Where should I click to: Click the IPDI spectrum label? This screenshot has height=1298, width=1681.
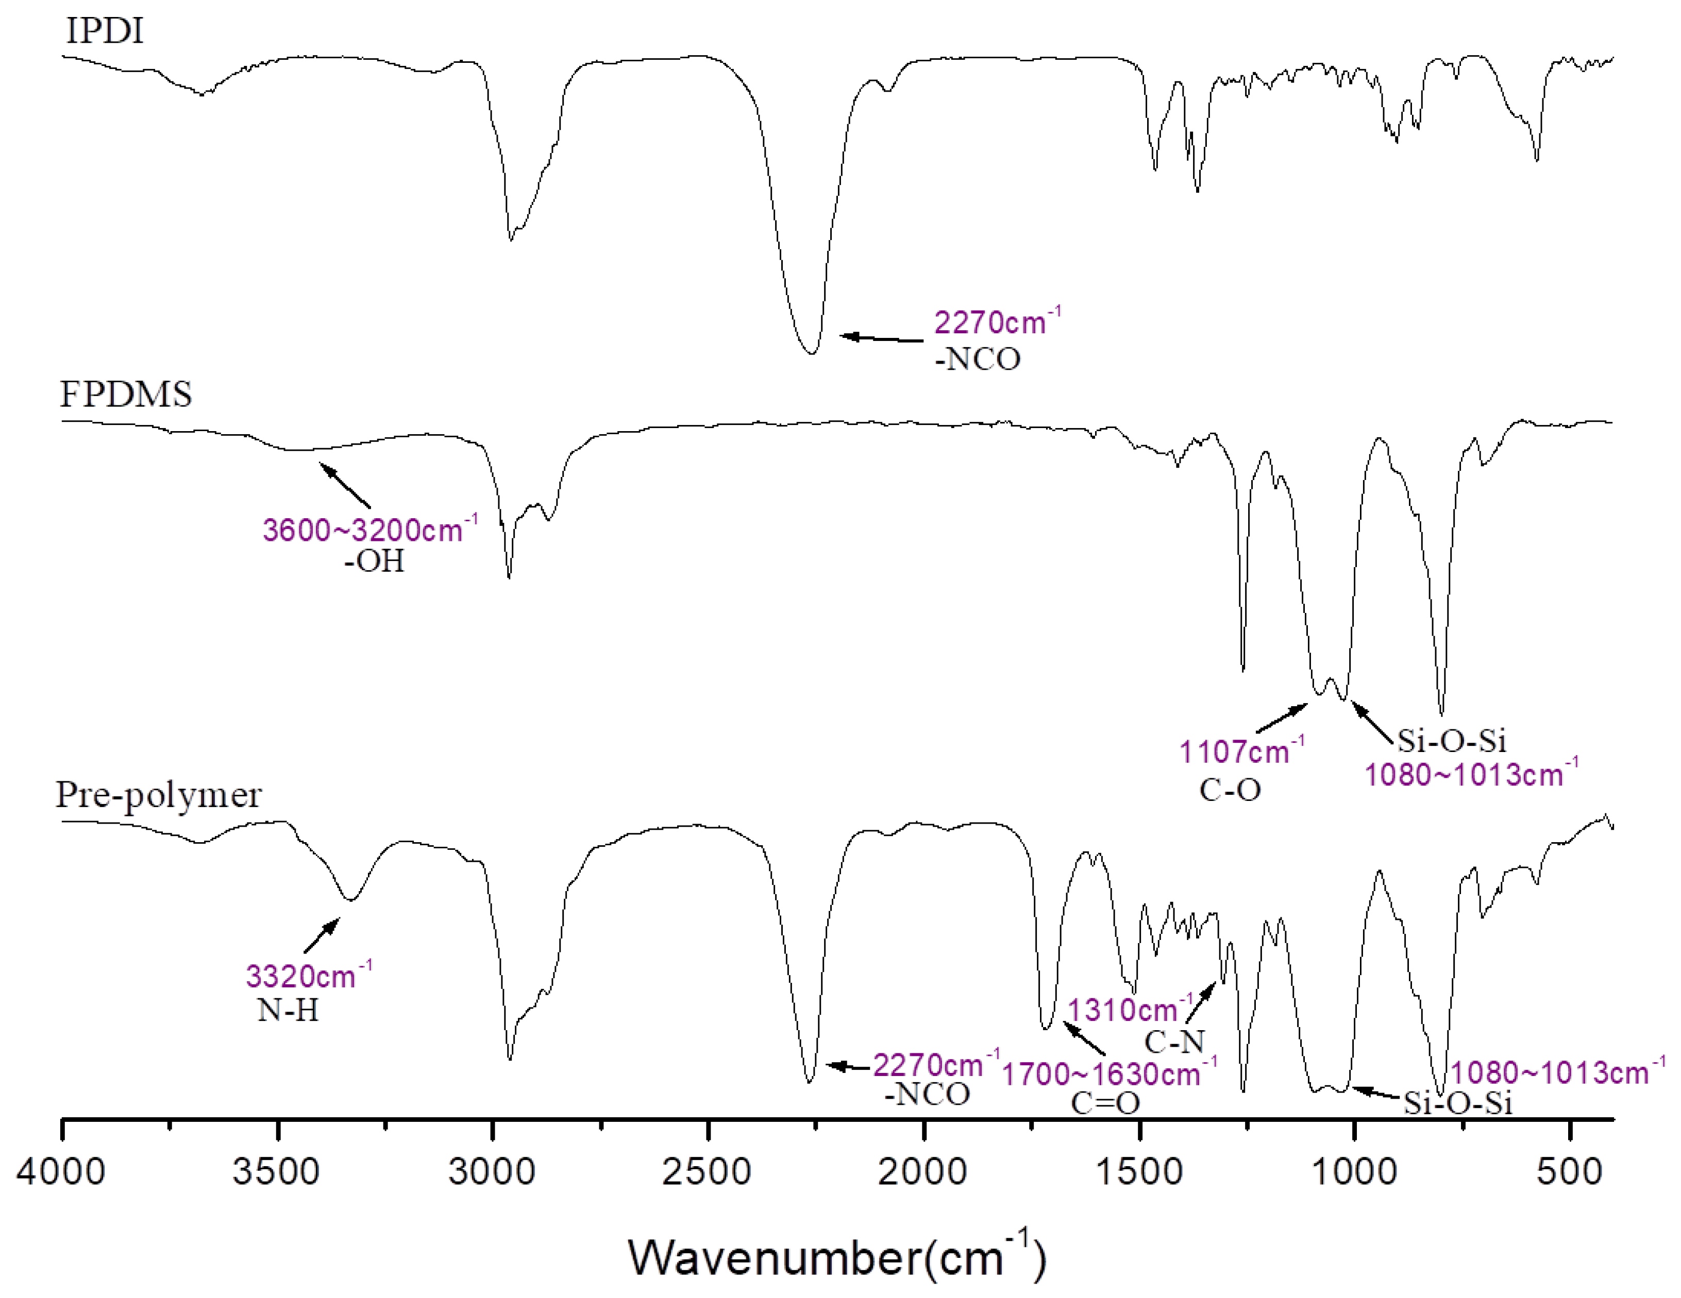pos(105,31)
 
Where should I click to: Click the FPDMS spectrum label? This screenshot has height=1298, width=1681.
pos(125,395)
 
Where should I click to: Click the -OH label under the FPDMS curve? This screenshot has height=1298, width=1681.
pos(374,561)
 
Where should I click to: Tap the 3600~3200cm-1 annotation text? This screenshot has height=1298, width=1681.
pos(369,530)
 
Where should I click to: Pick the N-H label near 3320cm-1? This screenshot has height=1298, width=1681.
pos(288,1010)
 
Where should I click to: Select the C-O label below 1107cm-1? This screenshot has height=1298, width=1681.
pos(1230,790)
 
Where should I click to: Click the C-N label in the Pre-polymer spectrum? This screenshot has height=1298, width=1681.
pos(1174,1042)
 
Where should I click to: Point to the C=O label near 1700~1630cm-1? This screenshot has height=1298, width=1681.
pos(1105,1103)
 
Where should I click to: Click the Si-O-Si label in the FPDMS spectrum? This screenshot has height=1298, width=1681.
pos(1452,740)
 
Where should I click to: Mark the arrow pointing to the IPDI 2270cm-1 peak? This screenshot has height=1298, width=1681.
pos(881,338)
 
